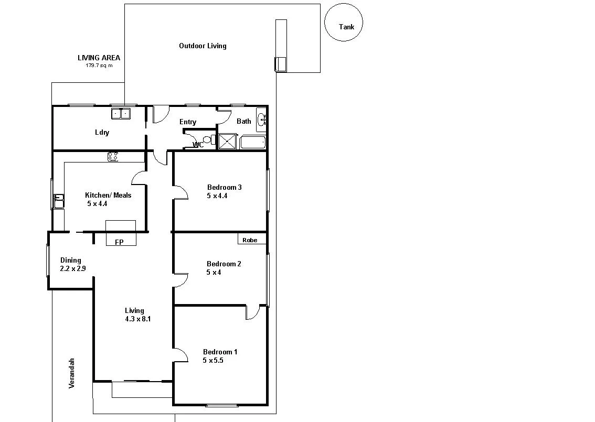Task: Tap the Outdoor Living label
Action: pyautogui.click(x=203, y=46)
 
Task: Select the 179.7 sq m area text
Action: pyautogui.click(x=99, y=66)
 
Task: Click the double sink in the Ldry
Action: pyautogui.click(x=121, y=113)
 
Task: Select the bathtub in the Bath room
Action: pyautogui.click(x=252, y=143)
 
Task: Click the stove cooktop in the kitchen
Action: pyautogui.click(x=113, y=156)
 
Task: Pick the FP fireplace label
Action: pyautogui.click(x=119, y=242)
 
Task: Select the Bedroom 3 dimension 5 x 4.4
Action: pyautogui.click(x=217, y=196)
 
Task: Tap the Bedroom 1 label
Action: pyautogui.click(x=220, y=352)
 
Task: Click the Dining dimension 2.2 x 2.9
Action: pyautogui.click(x=72, y=268)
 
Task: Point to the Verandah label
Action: pyautogui.click(x=72, y=373)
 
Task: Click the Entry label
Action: pyautogui.click(x=188, y=122)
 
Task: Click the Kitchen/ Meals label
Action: pyautogui.click(x=108, y=195)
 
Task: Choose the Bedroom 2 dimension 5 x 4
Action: pyautogui.click(x=214, y=273)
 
